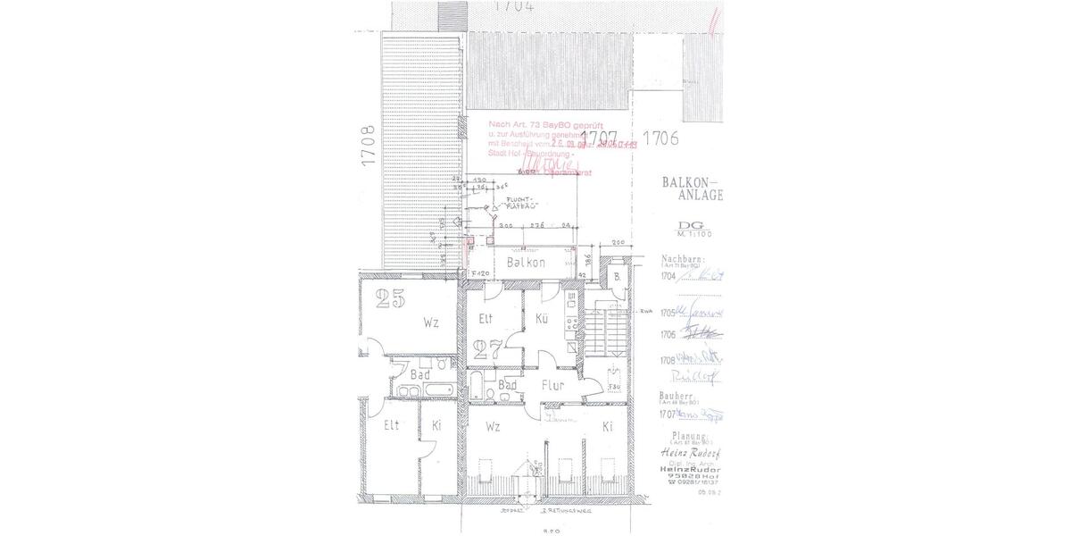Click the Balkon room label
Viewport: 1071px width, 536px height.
525,264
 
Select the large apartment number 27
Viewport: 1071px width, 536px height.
488,348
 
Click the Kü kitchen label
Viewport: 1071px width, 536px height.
541,318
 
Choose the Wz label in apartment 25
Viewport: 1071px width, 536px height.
431,322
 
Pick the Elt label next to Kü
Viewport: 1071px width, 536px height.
486,318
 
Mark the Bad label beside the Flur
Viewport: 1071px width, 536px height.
508,386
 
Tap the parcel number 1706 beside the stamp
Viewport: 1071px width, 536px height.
661,138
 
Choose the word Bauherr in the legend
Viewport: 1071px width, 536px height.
678,394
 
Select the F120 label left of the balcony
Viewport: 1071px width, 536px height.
481,272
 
